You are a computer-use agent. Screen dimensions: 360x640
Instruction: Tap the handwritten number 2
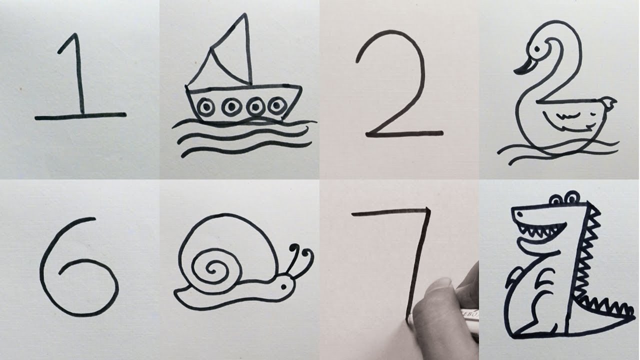click(x=400, y=85)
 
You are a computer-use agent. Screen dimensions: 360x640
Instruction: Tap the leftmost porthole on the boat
click(x=206, y=106)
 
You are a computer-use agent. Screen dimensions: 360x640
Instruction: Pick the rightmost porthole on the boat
click(x=275, y=105)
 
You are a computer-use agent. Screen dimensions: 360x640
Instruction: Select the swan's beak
click(x=523, y=66)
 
